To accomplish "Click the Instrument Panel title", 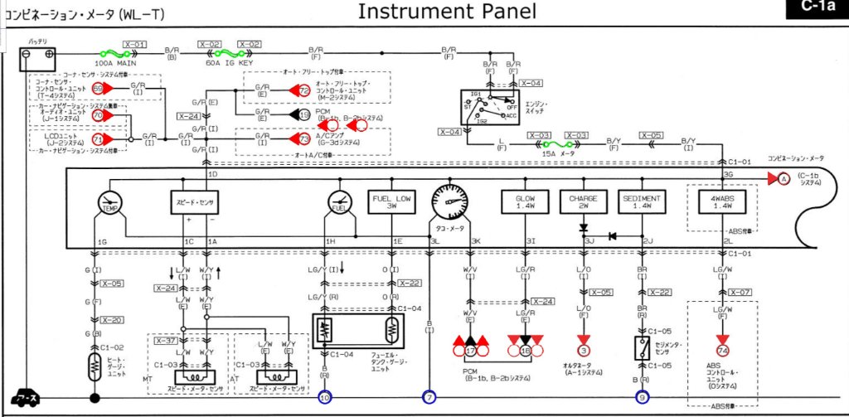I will coord(447,12).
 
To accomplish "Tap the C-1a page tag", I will coord(816,9).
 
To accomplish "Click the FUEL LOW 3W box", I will coord(391,203).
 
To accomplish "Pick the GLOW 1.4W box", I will coord(525,203).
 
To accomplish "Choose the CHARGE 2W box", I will coord(584,203).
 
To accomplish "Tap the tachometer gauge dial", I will coord(449,201).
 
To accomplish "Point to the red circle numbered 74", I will coord(723,351).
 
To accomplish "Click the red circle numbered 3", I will coord(584,351).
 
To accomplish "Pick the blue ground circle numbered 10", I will coord(324,398).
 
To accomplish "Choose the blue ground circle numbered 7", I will coord(429,398).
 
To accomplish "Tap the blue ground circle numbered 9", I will coord(643,398).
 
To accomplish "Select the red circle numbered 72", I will coord(304,90).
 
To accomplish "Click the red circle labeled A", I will coord(780,179).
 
